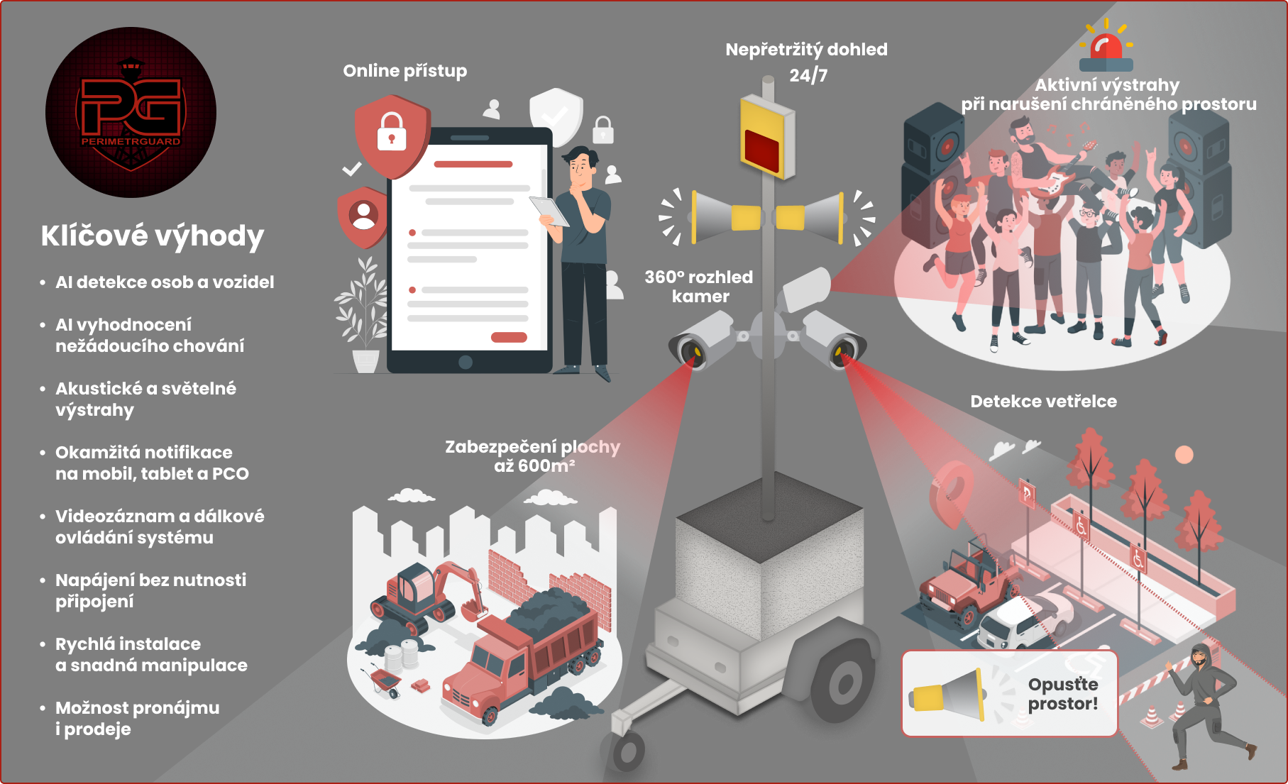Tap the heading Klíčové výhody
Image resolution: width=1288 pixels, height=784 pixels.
point(152,236)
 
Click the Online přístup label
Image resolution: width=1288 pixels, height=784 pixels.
point(404,71)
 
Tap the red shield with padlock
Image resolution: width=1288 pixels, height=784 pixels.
point(392,136)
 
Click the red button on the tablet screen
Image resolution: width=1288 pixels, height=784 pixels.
point(508,338)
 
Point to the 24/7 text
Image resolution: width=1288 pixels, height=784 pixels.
point(808,75)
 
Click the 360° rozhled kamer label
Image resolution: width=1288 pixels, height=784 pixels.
point(699,287)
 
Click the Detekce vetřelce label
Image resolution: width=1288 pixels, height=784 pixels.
point(1043,402)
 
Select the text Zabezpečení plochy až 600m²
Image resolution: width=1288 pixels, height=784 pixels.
point(532,456)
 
